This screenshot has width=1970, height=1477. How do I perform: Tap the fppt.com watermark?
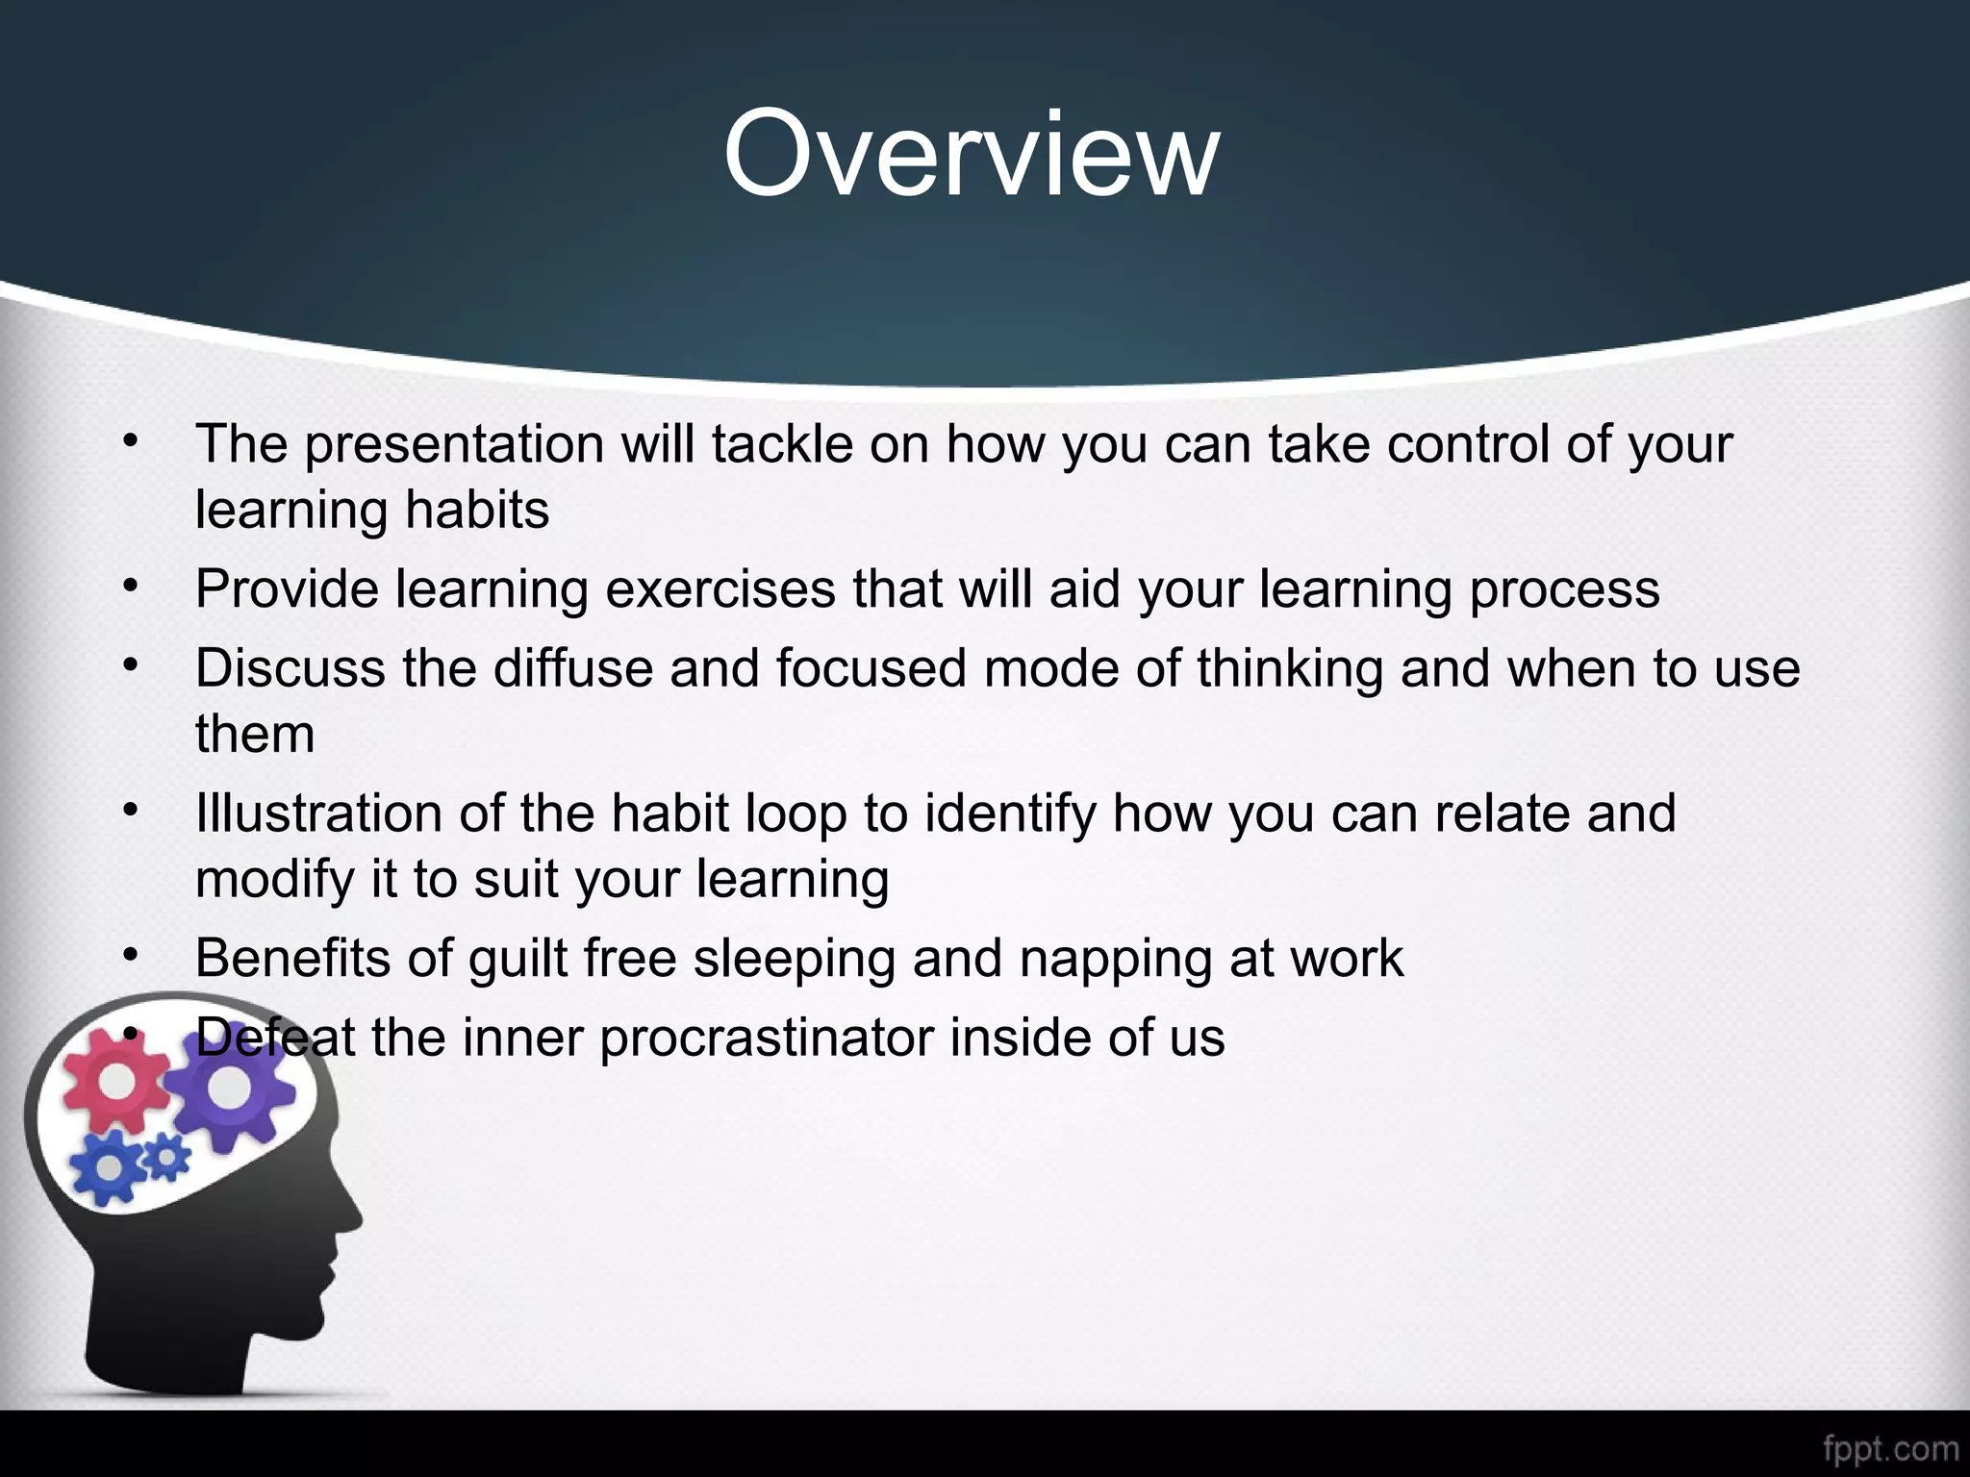[1890, 1448]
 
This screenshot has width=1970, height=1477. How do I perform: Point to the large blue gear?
[108, 1166]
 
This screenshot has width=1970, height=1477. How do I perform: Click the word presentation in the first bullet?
[453, 444]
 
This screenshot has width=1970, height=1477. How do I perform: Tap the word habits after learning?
[477, 510]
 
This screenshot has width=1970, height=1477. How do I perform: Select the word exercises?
[720, 588]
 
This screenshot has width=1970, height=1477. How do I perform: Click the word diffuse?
[573, 668]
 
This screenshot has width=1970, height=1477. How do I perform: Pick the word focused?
[871, 668]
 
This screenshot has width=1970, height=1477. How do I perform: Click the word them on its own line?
[255, 735]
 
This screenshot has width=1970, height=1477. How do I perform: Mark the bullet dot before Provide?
[132, 585]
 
